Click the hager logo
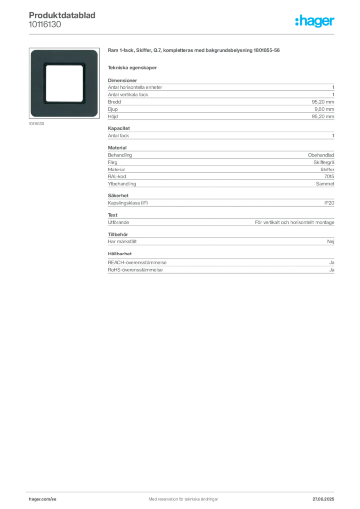click(314, 21)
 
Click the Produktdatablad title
click(62, 15)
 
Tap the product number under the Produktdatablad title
click(45, 25)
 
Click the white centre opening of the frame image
click(64, 84)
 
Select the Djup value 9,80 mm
click(324, 109)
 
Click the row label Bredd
click(114, 102)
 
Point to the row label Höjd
click(113, 116)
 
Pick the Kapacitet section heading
click(119, 128)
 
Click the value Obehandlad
click(321, 155)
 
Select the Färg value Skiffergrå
click(324, 162)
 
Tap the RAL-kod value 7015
click(329, 176)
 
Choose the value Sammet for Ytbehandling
click(325, 184)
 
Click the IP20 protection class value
click(329, 203)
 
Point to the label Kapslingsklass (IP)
click(128, 203)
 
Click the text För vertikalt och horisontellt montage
click(294, 222)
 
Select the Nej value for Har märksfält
click(331, 241)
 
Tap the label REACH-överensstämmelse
click(137, 262)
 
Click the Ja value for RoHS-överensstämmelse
click(332, 270)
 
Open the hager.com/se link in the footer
click(43, 499)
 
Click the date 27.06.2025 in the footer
click(323, 499)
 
